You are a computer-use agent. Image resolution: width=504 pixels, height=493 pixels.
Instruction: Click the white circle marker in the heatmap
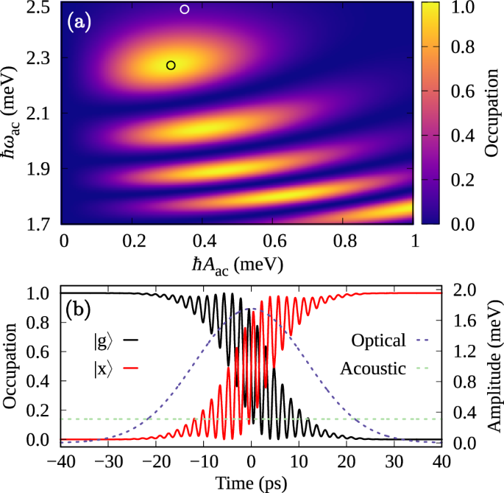point(185,10)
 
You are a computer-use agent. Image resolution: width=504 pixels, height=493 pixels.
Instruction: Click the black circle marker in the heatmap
point(171,65)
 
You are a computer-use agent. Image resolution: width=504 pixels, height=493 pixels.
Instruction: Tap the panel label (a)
point(79,22)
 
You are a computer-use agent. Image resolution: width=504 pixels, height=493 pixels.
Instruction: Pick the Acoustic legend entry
point(374,367)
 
